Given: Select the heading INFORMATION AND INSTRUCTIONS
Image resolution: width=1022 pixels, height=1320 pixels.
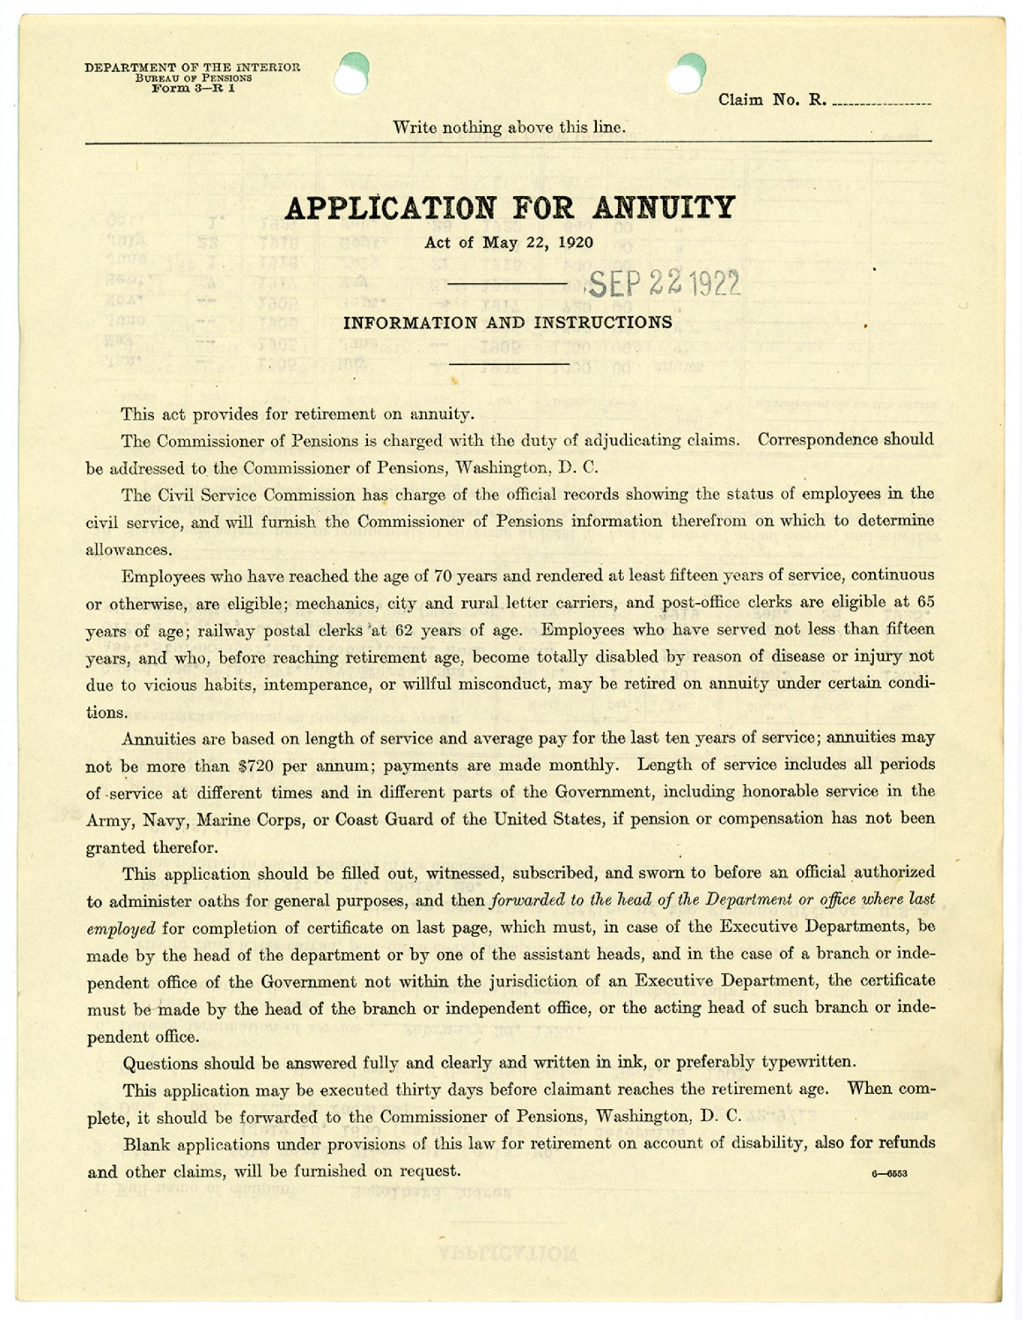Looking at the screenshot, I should pos(508,323).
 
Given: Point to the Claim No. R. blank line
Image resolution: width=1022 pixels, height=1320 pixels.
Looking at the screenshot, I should pos(881,104).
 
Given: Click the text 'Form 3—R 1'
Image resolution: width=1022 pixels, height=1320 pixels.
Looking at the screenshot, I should pos(193,88).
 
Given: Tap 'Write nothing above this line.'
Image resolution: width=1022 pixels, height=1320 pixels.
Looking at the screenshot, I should pos(508,127).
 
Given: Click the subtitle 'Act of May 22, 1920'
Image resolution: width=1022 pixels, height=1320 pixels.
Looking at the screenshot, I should pos(508,242).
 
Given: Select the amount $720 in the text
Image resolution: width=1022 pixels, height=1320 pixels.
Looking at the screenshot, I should pos(255,766).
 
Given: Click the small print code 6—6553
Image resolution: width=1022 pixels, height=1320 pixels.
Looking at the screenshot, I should pos(889,1174).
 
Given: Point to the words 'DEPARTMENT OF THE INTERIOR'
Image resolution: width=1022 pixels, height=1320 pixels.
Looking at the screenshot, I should pos(192,67).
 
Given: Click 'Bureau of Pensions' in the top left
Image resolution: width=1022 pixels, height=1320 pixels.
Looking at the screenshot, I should pos(193,78).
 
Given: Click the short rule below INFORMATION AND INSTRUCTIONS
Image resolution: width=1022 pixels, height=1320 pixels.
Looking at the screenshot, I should pos(508,364).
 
